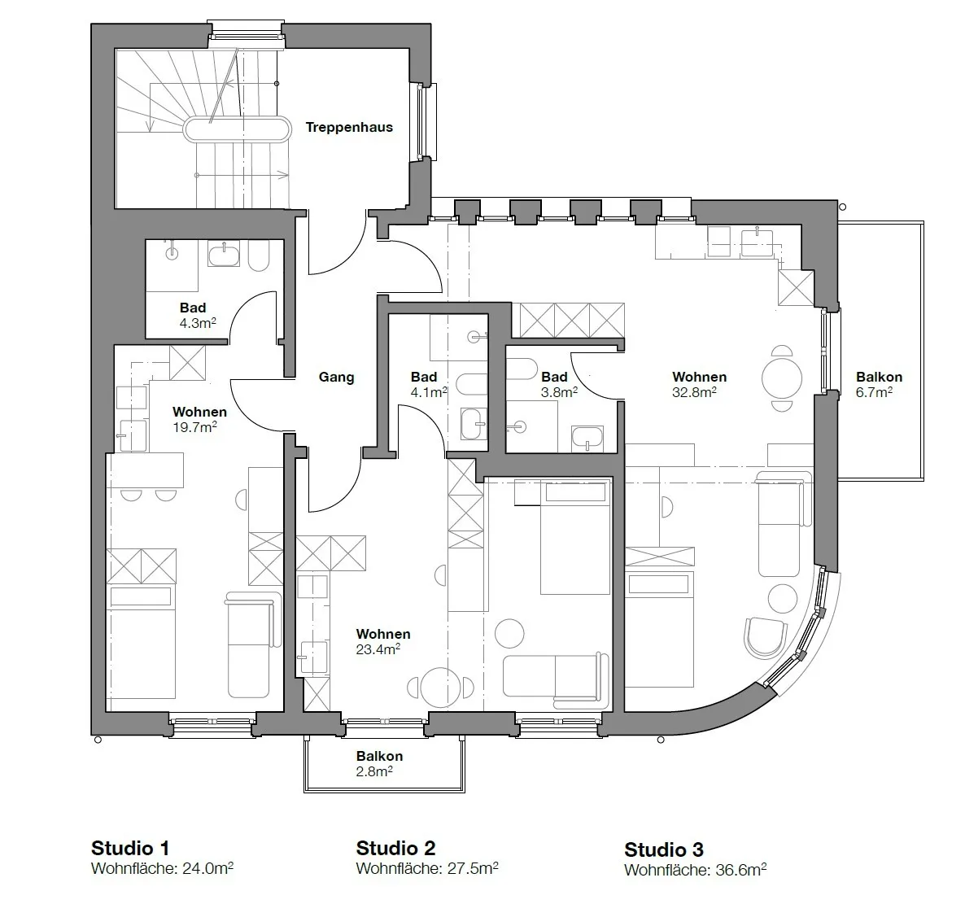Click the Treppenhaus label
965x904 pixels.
coord(349,128)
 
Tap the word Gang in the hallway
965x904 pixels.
coord(336,378)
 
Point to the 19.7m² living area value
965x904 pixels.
coord(194,427)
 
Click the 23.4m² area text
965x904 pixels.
coord(378,649)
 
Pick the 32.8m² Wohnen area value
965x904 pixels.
coord(694,392)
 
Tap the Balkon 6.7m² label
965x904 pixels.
coord(879,385)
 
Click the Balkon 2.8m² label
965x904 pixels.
coord(379,764)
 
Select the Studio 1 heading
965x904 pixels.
coord(130,848)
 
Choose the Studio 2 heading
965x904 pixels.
coord(395,848)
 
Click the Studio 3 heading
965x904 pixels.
coord(663,849)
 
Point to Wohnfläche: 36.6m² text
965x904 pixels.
coord(696,870)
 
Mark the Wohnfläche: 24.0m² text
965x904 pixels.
coord(163,868)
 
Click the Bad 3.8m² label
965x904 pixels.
coord(559,384)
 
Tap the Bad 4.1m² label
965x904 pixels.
coord(428,384)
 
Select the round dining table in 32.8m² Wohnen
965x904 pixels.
coord(782,378)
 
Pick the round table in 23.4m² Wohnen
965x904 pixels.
coord(441,688)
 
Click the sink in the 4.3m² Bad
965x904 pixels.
coord(224,254)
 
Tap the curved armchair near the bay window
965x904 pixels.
coord(765,638)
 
